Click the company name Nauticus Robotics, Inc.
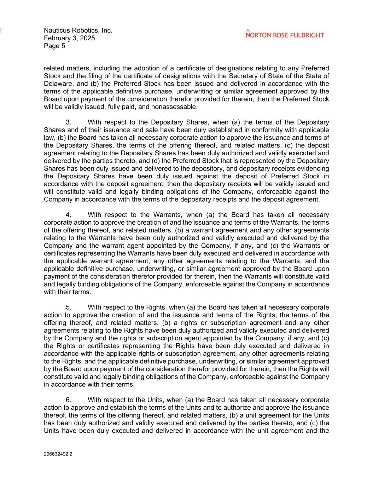point(78,30)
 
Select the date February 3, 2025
point(69,38)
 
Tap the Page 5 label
point(54,46)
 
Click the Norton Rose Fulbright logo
point(285,34)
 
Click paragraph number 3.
point(69,122)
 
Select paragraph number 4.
point(69,215)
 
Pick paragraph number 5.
point(69,307)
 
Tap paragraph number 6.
point(69,400)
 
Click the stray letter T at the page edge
point(1,31)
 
